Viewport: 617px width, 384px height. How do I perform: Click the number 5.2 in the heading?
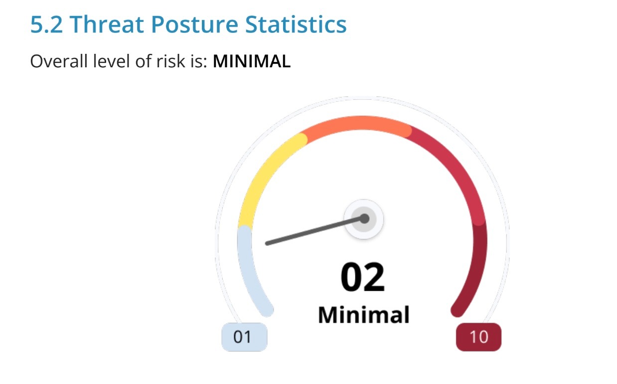46,24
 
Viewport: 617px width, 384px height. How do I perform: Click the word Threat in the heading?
107,24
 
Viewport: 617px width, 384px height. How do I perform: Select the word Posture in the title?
194,24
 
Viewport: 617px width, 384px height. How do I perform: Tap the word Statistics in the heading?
296,24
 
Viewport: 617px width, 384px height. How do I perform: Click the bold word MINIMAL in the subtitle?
252,61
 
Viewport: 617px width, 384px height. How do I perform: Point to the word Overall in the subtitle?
59,61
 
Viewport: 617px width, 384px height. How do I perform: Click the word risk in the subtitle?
170,61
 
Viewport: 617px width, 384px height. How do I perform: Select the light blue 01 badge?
244,337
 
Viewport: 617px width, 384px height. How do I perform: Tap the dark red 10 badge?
479,337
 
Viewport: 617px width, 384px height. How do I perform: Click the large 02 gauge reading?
362,277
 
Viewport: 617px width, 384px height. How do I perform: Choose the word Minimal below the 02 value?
364,315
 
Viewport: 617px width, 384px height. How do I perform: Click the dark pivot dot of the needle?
364,218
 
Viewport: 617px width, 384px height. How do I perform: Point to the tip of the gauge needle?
267,244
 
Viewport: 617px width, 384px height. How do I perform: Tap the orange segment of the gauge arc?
356,123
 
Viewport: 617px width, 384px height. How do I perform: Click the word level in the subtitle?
111,61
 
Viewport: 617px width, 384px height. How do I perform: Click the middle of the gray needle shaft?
315,231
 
